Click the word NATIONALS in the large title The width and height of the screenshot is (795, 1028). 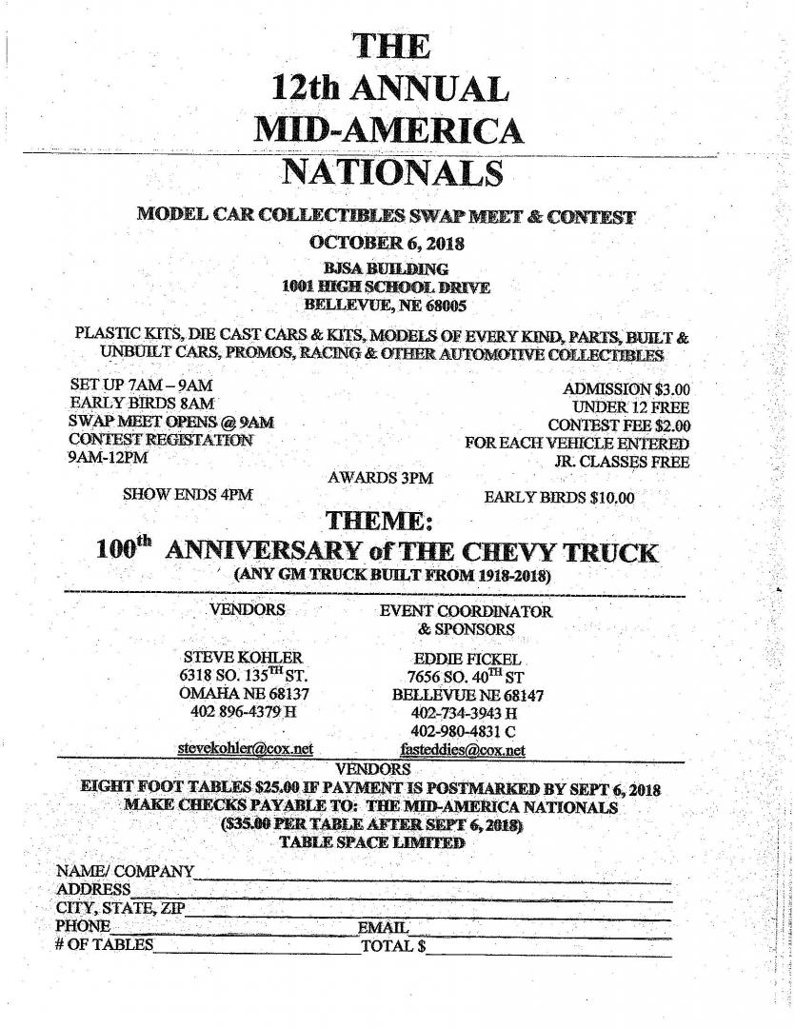point(392,172)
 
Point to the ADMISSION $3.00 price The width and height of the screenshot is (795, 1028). point(626,388)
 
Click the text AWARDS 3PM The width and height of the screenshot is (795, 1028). point(380,478)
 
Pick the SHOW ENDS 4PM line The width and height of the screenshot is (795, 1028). point(188,494)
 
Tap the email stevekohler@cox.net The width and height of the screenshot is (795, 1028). point(246,749)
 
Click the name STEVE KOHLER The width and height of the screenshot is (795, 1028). point(242,658)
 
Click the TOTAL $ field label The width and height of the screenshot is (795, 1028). point(392,946)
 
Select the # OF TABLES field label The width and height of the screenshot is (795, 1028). point(104,945)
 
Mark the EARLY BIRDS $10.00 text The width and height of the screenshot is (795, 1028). point(559,497)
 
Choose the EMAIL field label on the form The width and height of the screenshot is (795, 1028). point(384,927)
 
